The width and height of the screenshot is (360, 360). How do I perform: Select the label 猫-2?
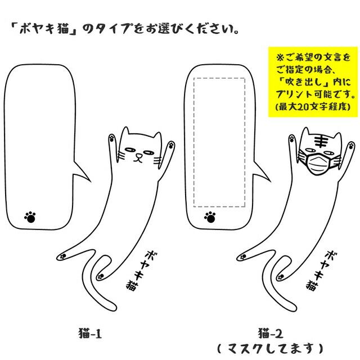(266, 333)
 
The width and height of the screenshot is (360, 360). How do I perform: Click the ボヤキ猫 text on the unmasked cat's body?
(136, 267)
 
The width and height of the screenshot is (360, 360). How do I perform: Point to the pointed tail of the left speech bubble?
(87, 178)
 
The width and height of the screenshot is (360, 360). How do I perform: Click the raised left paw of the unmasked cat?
(111, 137)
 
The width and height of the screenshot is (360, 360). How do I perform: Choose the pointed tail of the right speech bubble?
(267, 178)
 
